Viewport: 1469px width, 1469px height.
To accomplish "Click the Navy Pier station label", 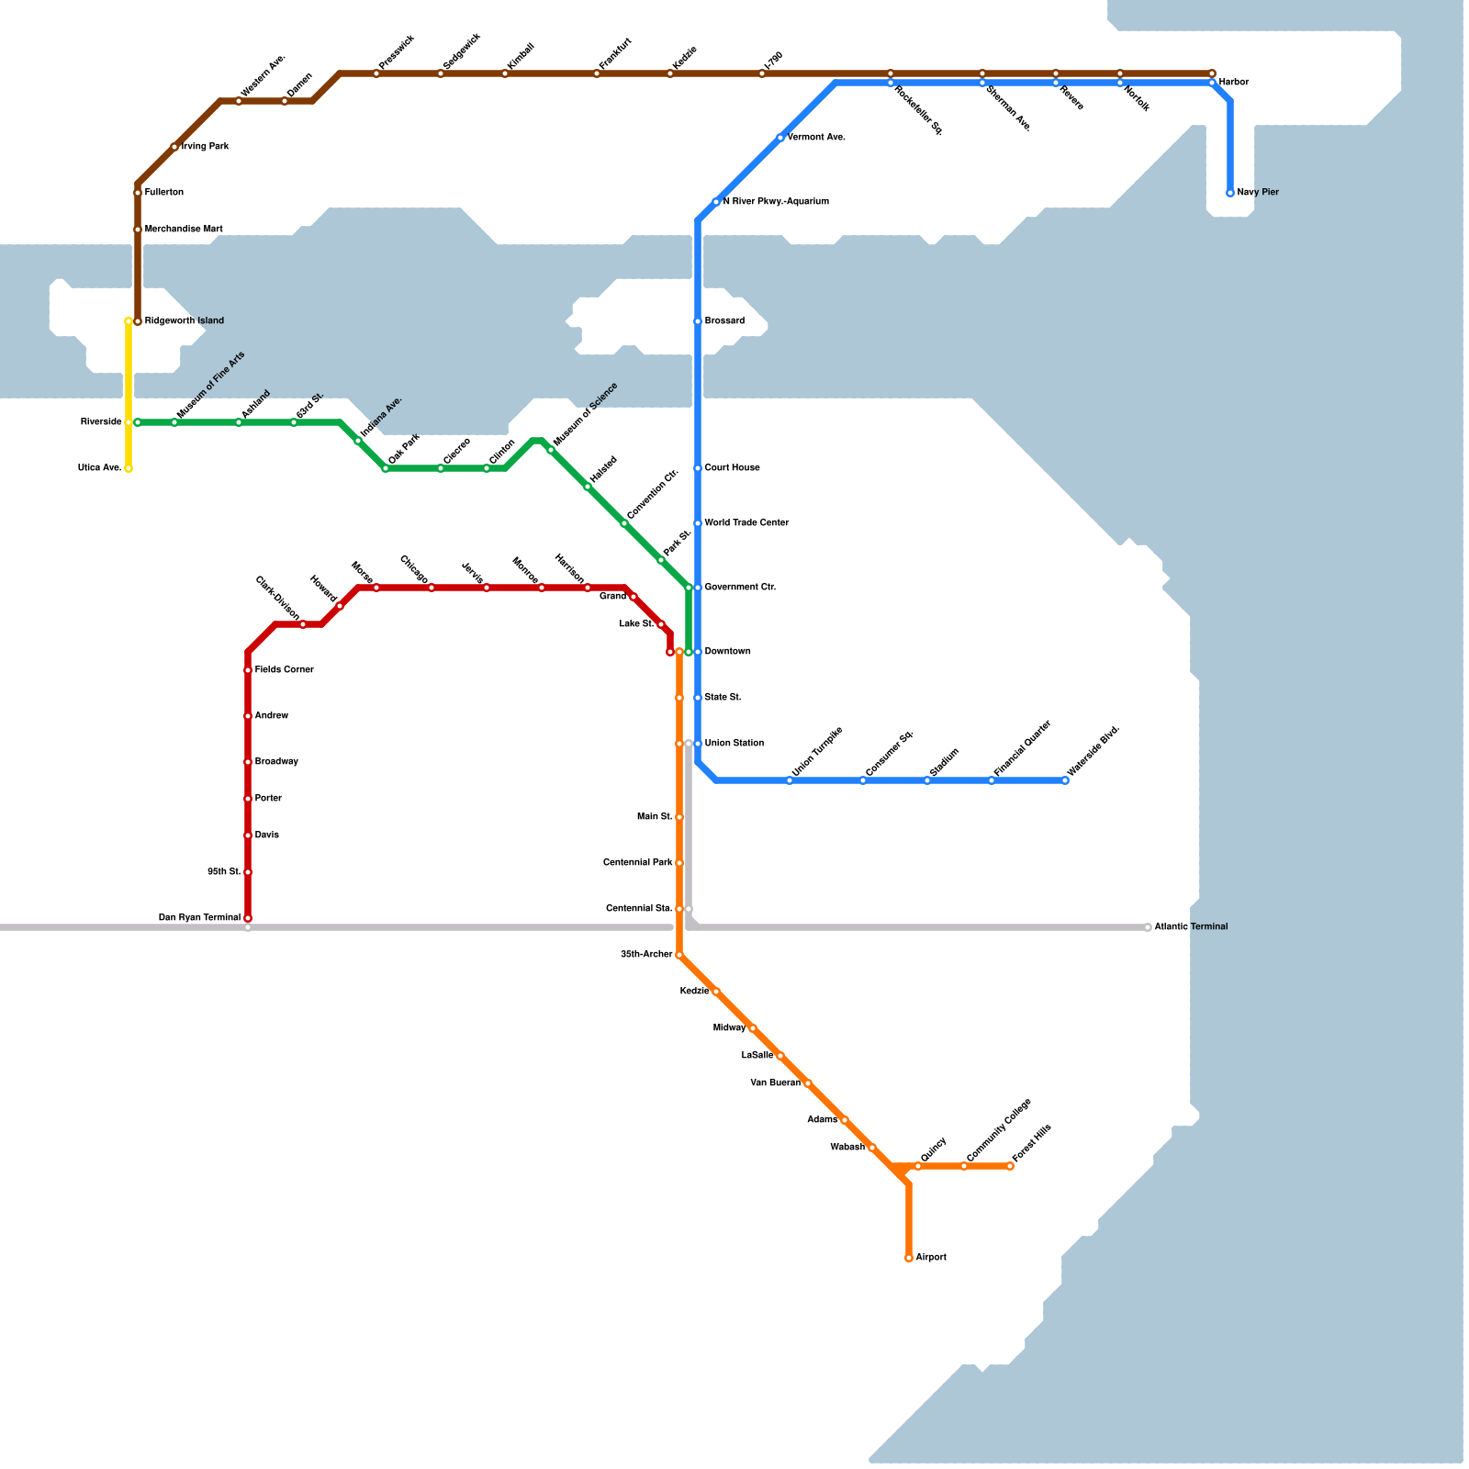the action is point(1258,193).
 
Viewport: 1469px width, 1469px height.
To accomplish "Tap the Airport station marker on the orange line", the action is point(909,1258).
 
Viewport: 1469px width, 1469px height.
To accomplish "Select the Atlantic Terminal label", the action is point(1191,927).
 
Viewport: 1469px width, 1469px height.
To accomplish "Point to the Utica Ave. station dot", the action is point(129,468).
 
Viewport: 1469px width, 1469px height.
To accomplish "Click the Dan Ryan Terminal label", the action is point(200,918).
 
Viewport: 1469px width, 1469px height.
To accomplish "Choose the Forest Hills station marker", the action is point(1010,1166).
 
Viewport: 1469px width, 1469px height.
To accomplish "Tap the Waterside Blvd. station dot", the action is point(1065,780).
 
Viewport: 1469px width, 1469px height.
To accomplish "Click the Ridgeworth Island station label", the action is point(185,321).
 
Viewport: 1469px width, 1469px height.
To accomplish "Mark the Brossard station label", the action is point(724,321).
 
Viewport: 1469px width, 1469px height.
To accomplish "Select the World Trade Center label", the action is point(746,523).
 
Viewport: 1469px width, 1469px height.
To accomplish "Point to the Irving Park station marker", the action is point(174,147).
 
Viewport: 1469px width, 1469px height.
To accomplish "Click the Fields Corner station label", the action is point(285,670).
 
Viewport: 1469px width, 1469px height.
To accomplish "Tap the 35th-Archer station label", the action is point(646,955).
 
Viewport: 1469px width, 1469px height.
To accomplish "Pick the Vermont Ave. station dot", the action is point(780,138).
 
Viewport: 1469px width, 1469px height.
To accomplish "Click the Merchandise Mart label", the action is point(184,230).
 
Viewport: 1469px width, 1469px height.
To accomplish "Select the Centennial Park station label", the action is point(638,863).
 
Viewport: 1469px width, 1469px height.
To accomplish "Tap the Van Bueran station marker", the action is point(808,1083).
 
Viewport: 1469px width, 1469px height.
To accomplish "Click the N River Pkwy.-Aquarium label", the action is point(776,202).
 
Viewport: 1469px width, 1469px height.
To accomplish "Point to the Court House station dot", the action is point(698,468).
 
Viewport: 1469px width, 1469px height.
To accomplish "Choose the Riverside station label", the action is point(101,422).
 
